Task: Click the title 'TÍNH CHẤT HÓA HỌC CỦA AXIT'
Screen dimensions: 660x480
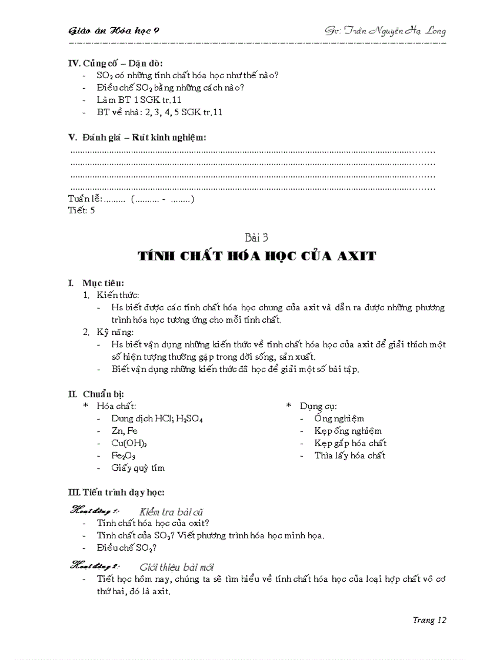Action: pos(256,256)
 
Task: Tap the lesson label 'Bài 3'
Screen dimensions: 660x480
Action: pos(256,238)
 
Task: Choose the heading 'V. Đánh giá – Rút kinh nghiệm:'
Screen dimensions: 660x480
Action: pos(137,138)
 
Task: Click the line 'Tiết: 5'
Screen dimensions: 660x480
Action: pos(81,210)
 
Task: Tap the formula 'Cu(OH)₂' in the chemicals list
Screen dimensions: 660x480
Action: pos(129,443)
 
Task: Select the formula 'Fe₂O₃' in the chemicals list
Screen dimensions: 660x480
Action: pos(124,455)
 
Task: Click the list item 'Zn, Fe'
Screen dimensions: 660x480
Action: pos(125,431)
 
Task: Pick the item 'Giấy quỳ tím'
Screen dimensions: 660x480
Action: pos(138,468)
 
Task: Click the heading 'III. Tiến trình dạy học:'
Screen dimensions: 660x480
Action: pos(116,492)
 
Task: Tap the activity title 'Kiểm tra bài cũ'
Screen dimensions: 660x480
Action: pos(171,512)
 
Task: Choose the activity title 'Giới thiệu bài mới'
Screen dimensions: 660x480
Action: pos(176,567)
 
